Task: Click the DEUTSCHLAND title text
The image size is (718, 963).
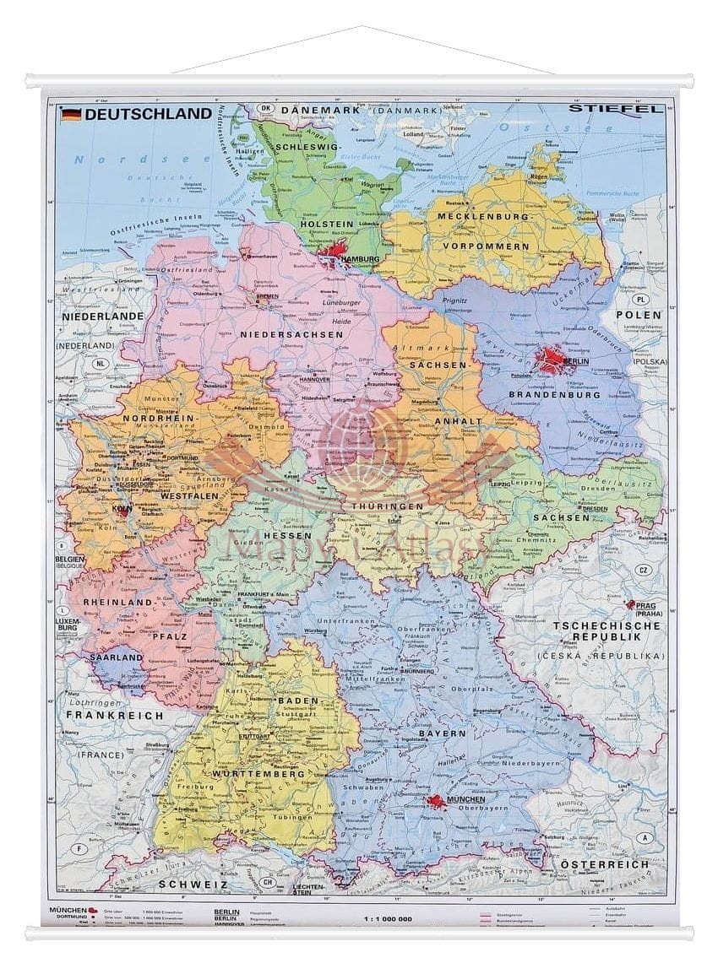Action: click(x=148, y=113)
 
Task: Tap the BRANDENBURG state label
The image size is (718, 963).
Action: click(x=555, y=394)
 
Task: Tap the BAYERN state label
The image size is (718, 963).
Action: click(x=442, y=733)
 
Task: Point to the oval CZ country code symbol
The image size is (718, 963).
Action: click(x=644, y=570)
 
